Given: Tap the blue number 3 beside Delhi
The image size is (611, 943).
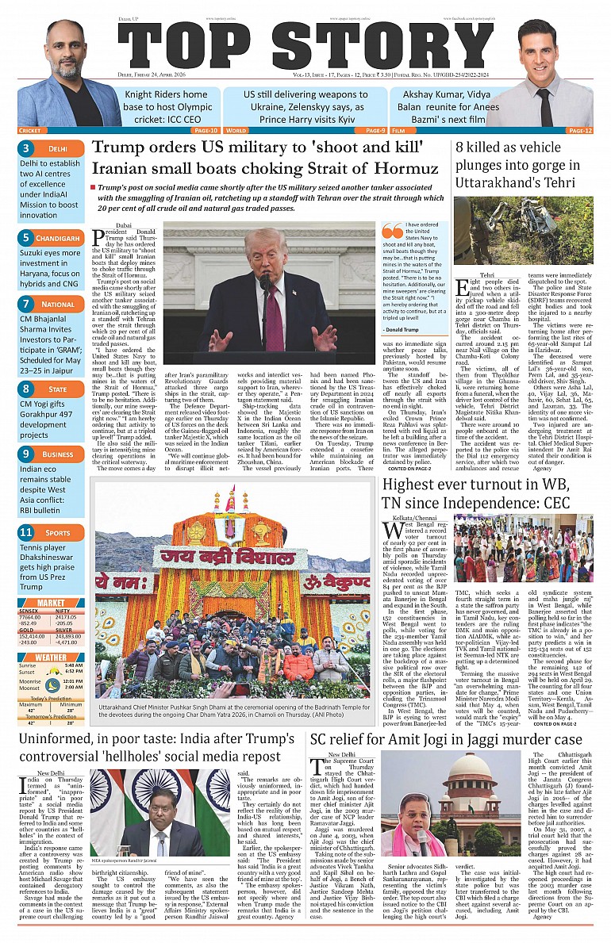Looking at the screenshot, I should click(26, 148).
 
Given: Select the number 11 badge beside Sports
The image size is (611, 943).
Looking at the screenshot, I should click(26, 532).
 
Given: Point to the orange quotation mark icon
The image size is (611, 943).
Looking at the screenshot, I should click(392, 231).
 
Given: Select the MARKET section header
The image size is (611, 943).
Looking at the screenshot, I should click(51, 603).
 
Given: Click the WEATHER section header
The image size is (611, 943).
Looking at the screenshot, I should click(51, 657).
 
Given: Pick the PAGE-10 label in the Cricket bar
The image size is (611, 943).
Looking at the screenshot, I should click(205, 130).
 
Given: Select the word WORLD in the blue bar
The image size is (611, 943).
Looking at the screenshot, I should click(236, 130).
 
